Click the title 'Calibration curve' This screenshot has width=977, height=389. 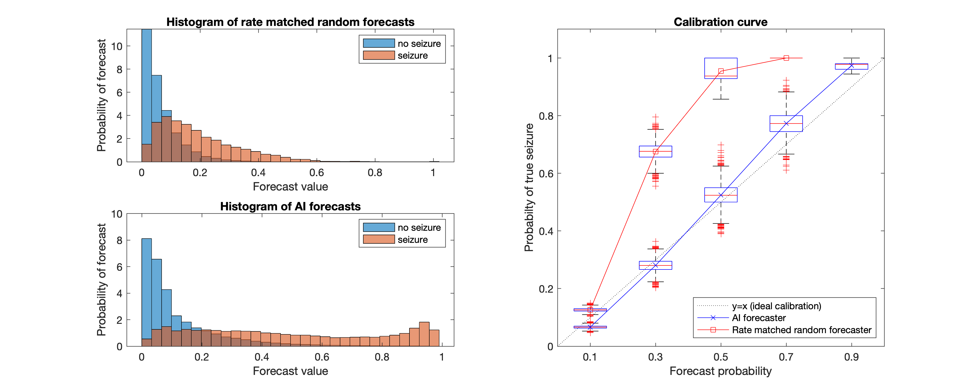[720, 22]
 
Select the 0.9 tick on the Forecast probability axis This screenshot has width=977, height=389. [852, 357]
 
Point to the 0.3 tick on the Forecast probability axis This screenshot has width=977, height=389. [655, 357]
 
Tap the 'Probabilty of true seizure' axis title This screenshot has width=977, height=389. [529, 187]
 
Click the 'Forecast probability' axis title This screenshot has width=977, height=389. [720, 371]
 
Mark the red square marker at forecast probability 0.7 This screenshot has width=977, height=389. [786, 58]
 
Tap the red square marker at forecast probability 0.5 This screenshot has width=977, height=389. [721, 71]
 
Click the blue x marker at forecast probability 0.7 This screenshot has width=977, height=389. [786, 123]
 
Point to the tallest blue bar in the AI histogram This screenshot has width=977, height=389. [146, 292]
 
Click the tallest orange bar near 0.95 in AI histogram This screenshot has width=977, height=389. [424, 334]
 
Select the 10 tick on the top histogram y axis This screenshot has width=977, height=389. [117, 46]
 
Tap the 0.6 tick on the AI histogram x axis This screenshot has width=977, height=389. [322, 357]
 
